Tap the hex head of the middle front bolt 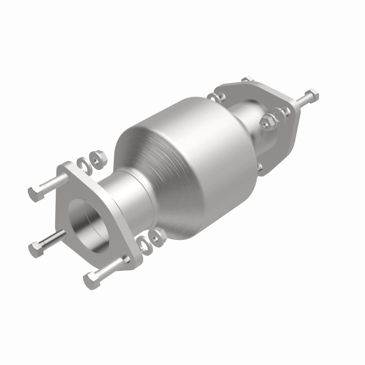pyautogui.click(x=36, y=248)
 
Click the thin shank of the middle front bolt pyautogui.click(x=52, y=240)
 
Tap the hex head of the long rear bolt pyautogui.click(x=313, y=95)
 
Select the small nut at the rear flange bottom pyautogui.click(x=259, y=167)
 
